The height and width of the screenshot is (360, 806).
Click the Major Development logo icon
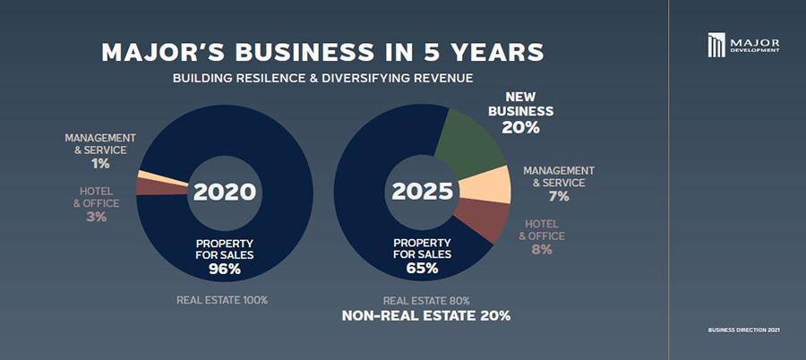[x=716, y=44]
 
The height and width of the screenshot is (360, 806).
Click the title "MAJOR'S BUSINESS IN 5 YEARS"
[x=322, y=51]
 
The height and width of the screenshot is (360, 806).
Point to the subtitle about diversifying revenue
[x=322, y=79]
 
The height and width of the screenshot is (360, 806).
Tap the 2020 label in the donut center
[x=225, y=192]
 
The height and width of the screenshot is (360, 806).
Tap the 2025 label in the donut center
[x=421, y=192]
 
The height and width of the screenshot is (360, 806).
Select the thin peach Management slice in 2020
[x=148, y=175]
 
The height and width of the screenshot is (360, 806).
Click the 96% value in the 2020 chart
[x=225, y=269]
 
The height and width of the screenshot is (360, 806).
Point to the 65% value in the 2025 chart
[x=421, y=269]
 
